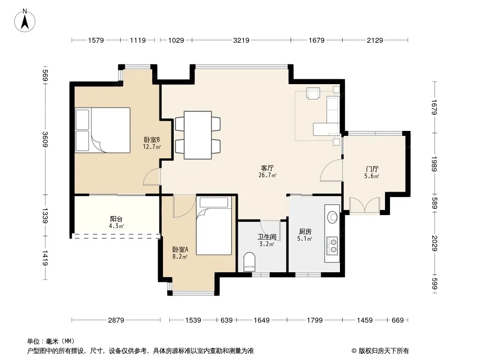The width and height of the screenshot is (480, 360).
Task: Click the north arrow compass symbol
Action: pyautogui.click(x=25, y=21)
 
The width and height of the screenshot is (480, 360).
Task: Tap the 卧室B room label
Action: pyautogui.click(x=152, y=140)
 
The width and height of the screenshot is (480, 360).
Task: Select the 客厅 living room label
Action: pyautogui.click(x=267, y=168)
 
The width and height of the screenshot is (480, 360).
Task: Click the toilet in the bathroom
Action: pyautogui.click(x=249, y=262)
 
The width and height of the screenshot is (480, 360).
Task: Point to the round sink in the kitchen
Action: pyautogui.click(x=332, y=217)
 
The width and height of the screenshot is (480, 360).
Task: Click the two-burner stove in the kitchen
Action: pyautogui.click(x=332, y=246)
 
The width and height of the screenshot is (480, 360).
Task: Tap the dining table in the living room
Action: pyautogui.click(x=198, y=135)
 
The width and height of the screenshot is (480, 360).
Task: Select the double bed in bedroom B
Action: pyautogui.click(x=103, y=130)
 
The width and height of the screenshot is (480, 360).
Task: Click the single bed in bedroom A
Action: pyautogui.click(x=214, y=226)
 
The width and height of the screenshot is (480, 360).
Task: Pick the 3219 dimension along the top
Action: pyautogui.click(x=241, y=40)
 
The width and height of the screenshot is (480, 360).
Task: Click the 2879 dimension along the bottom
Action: pyautogui.click(x=116, y=320)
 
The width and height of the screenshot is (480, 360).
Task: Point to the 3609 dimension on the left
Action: pyautogui.click(x=45, y=139)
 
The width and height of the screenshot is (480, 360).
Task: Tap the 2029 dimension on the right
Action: pyautogui.click(x=435, y=243)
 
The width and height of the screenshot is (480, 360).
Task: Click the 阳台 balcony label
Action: pyautogui.click(x=116, y=219)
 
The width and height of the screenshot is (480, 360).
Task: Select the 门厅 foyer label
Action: pyautogui.click(x=372, y=169)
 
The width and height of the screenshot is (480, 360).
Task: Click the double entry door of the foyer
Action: pyautogui.click(x=365, y=205)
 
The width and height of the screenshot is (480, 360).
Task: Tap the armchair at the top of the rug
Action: pyautogui.click(x=313, y=93)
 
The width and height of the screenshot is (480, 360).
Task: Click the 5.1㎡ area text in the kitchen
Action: pyautogui.click(x=304, y=238)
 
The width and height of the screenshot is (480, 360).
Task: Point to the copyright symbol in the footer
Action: pyautogui.click(x=354, y=351)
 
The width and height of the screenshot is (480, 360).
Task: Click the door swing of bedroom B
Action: pyautogui.click(x=152, y=176)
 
